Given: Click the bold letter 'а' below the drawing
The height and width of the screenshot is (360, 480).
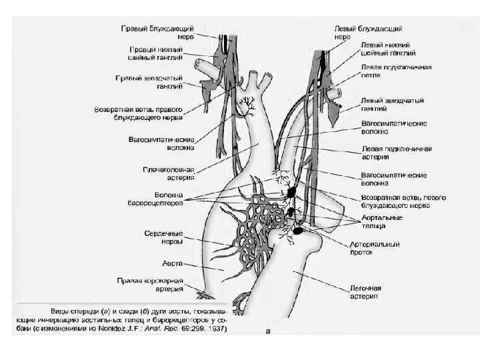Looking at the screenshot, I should coord(268,331).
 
